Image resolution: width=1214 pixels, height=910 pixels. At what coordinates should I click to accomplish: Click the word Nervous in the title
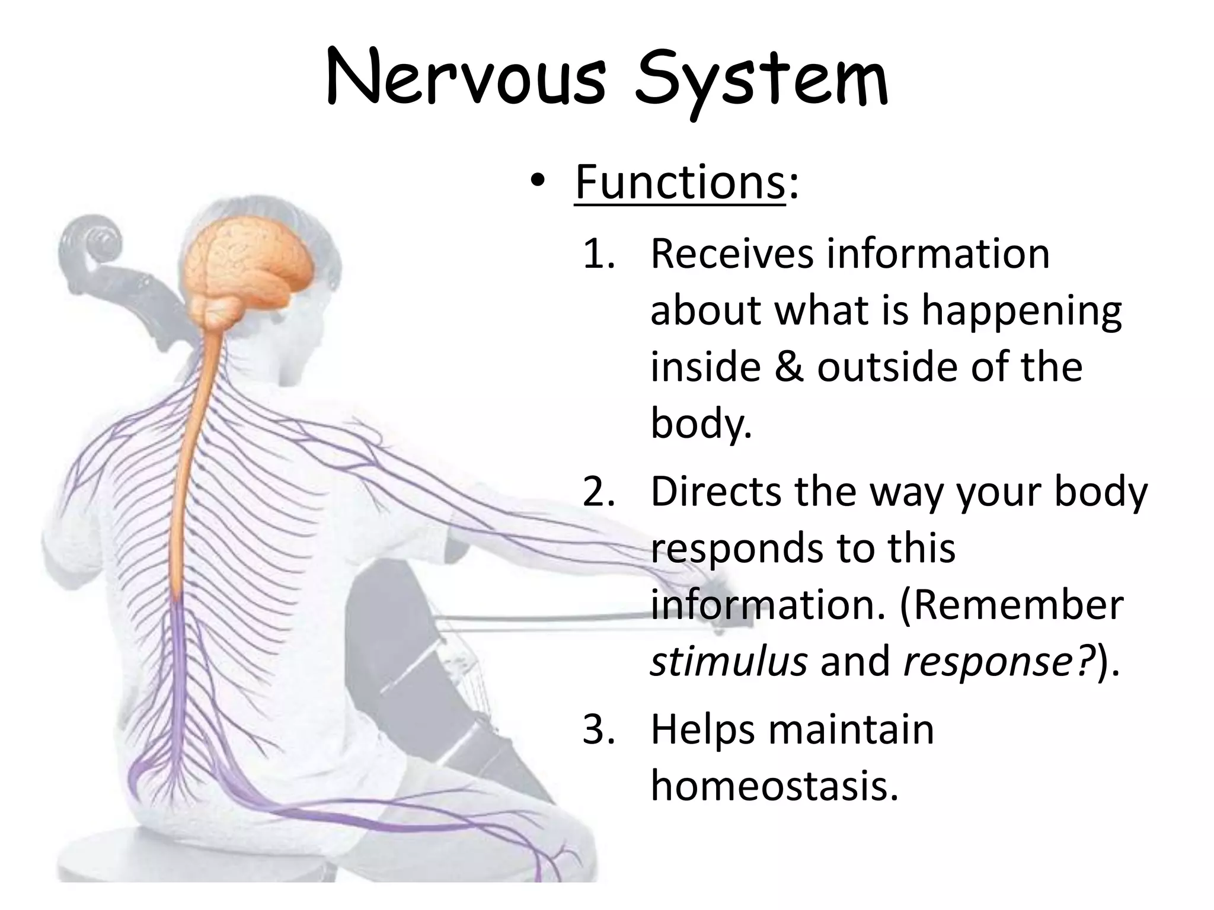(466, 80)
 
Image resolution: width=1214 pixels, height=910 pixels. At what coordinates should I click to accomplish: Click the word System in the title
(761, 83)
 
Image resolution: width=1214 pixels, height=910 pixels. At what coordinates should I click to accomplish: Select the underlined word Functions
(680, 182)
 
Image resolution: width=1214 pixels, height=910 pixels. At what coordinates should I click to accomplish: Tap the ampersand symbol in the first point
(788, 367)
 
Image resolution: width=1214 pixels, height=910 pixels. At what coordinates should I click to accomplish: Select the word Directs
(716, 492)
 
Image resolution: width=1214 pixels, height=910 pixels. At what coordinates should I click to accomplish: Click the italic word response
(989, 662)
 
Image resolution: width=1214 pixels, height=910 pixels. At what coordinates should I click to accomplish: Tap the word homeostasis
(774, 786)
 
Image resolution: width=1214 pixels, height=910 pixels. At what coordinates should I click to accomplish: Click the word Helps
(702, 729)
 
